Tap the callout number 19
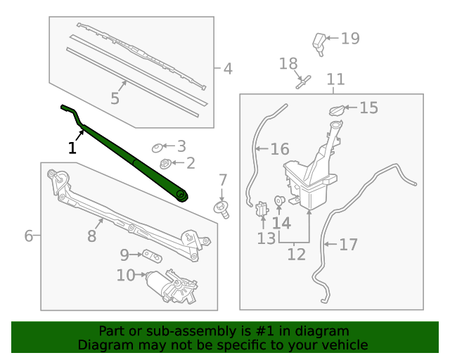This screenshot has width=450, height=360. [x=350, y=39]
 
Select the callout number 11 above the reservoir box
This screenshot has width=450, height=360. [x=335, y=79]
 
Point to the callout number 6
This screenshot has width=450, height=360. [x=28, y=236]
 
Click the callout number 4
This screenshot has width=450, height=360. [x=227, y=69]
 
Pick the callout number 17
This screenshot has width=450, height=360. [x=349, y=245]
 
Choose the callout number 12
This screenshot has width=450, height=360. [x=296, y=254]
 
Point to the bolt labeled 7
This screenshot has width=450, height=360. [x=222, y=207]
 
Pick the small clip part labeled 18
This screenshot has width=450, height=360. [x=303, y=81]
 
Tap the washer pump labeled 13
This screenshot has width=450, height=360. [x=263, y=209]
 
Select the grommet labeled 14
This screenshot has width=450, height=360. [x=279, y=201]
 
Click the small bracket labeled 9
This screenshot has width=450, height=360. [x=150, y=254]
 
